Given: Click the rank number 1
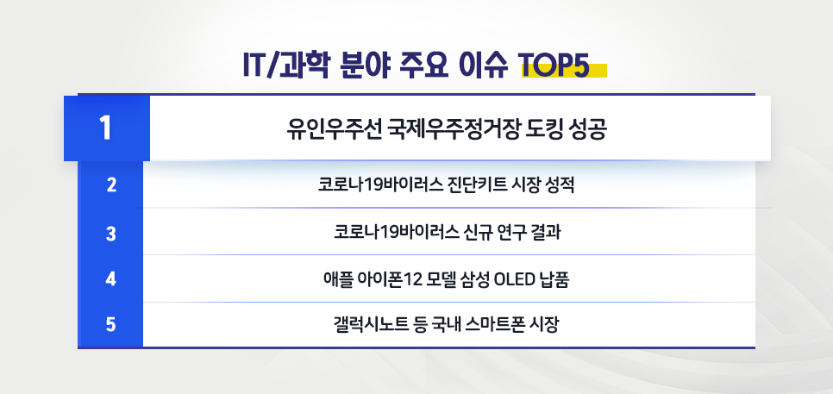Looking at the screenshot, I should click(x=105, y=128).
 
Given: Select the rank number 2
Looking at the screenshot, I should click(x=110, y=184).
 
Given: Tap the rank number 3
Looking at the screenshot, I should click(x=110, y=233).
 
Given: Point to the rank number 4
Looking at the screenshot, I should click(x=110, y=279).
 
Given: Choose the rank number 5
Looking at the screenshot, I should click(x=110, y=326).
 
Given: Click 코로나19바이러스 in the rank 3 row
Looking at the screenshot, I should click(x=385, y=233).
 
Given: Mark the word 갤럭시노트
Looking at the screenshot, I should click(x=370, y=326).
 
